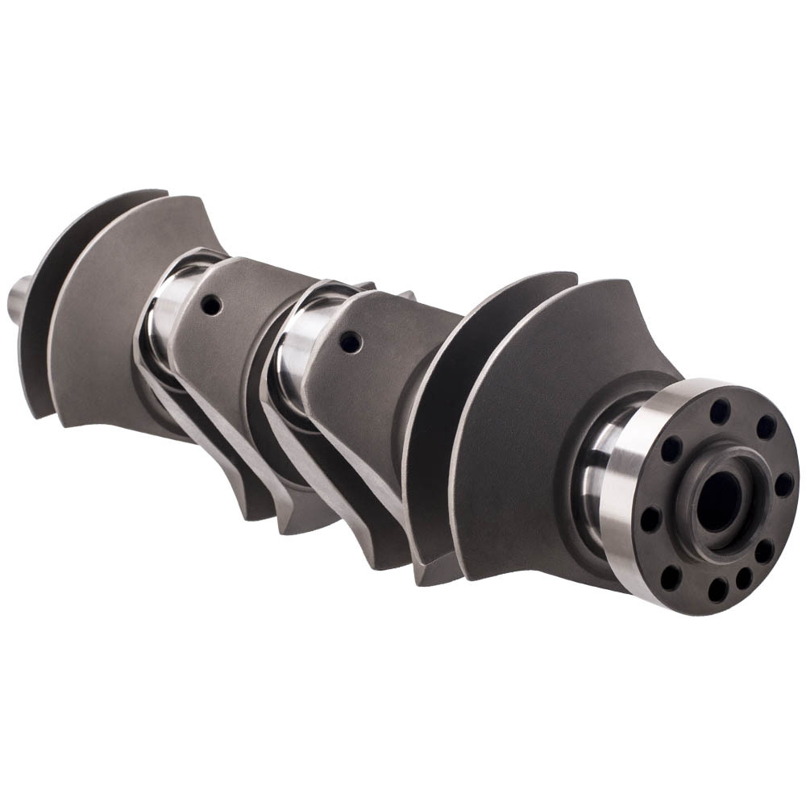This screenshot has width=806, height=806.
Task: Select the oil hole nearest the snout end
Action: pos(211,305)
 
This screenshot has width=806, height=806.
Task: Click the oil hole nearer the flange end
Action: pos(350,342)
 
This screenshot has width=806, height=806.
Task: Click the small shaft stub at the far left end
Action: pos(20,295)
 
